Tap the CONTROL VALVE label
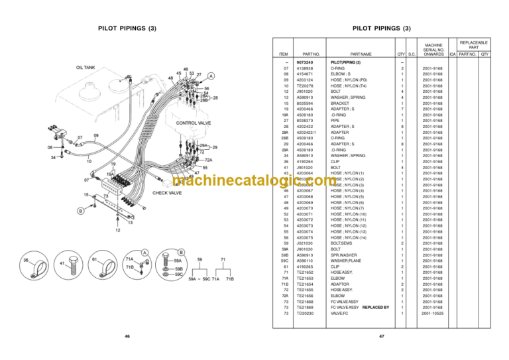point(194,123)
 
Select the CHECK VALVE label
point(167,193)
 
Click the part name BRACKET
point(341,103)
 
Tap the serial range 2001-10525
point(431,314)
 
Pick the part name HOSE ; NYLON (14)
point(349,237)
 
